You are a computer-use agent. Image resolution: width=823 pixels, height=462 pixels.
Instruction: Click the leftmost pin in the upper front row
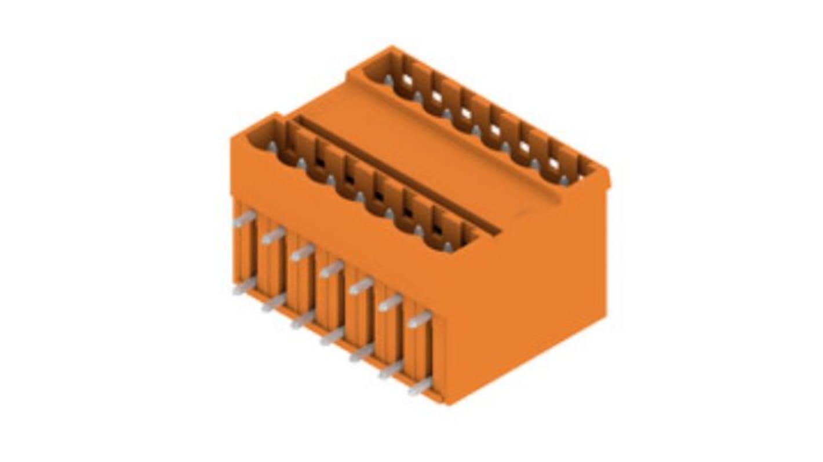pos(245,219)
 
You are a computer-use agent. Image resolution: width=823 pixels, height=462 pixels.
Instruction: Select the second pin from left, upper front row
pos(273,236)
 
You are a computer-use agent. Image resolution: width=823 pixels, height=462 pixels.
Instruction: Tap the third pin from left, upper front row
pos(302,252)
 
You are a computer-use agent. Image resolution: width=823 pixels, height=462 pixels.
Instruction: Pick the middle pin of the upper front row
pos(332,269)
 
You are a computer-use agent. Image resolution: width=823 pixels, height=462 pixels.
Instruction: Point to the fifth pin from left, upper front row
pos(360,285)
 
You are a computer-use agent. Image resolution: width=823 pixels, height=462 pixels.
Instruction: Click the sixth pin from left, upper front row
pos(390,302)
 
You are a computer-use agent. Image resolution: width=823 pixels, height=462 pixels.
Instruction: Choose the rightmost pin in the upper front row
pos(419,319)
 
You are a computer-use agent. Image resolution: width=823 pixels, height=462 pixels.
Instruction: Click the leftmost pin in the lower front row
pos(245,285)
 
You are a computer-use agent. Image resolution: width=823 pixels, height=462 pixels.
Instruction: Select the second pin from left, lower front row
pos(274,302)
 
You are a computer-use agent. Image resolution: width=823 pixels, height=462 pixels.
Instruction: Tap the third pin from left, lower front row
pos(303,319)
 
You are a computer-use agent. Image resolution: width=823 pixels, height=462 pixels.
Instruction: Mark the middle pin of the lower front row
pos(332,336)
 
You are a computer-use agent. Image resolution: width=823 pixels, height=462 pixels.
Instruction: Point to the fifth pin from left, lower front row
pos(361,353)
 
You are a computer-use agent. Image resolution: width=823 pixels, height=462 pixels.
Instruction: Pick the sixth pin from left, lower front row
pos(391,369)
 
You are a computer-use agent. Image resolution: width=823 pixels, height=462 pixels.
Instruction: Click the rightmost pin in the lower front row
pos(420,386)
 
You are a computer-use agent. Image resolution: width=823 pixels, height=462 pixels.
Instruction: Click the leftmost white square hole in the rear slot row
pos(407,80)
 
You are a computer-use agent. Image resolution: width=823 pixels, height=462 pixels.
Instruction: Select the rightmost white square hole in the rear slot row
pos(553,164)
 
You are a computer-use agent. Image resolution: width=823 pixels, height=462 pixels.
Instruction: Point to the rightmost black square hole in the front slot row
pos(437,229)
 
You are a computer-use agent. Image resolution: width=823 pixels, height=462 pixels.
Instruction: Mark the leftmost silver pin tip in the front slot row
pos(272,147)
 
